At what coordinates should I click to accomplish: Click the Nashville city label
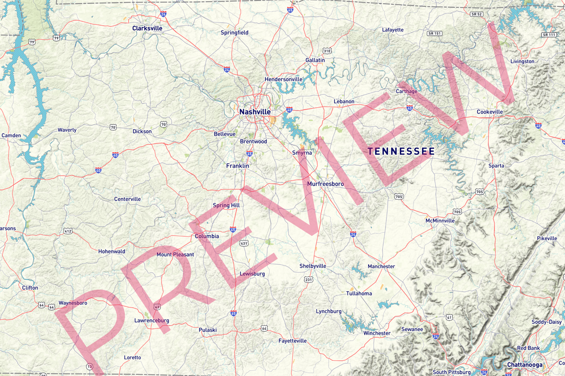[255, 112]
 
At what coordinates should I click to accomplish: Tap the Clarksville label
[147, 28]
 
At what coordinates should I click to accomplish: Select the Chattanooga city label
[525, 364]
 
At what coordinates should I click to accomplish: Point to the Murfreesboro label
[325, 184]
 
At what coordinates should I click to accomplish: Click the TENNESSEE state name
[401, 152]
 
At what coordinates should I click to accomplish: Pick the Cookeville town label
[490, 112]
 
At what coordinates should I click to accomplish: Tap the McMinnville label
[440, 221]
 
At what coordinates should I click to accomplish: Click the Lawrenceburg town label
[152, 320]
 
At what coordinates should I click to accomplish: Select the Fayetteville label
[292, 341]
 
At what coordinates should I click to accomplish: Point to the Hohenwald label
[112, 252]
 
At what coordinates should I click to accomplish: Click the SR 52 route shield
[476, 14]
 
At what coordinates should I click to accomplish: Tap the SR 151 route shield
[435, 33]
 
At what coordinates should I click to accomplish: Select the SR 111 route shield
[549, 35]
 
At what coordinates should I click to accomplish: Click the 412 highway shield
[68, 231]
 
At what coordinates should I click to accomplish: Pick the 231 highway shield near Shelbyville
[309, 280]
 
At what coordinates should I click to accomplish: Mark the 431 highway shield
[244, 243]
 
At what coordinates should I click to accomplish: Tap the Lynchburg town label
[329, 312]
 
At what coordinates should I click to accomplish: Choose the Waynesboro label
[73, 303]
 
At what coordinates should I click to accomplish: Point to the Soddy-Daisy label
[547, 322]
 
